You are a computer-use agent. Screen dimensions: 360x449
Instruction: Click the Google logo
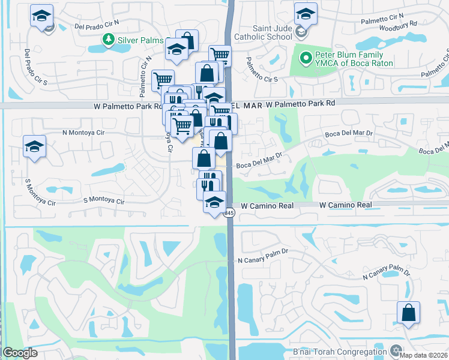coord(20,353)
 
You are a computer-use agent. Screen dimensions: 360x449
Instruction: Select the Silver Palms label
coord(140,40)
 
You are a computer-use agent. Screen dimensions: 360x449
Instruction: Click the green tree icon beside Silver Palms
coord(108,40)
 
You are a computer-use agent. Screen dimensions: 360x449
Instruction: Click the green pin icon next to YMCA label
coord(306,59)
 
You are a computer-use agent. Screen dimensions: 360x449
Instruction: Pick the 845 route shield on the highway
coord(229,213)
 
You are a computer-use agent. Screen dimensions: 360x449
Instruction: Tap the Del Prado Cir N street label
coord(97,26)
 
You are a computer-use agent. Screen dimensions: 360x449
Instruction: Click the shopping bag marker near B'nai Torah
coord(408,313)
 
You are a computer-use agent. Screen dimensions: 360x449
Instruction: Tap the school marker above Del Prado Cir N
coord(41,16)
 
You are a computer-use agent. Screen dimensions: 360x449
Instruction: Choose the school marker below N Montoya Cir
coord(35,146)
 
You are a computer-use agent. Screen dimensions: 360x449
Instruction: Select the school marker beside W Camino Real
coord(214,203)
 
